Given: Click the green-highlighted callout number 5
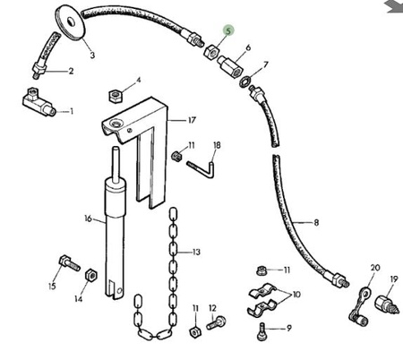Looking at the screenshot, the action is [228, 30].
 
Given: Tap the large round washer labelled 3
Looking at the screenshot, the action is [71, 22].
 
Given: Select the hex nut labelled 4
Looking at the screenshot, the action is [115, 96].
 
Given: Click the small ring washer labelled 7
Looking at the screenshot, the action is [244, 81].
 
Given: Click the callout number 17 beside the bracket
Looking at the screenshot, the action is [192, 120].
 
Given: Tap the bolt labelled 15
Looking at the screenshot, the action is [69, 263].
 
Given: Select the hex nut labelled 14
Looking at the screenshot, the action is [90, 275].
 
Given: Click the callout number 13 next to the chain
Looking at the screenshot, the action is [196, 253].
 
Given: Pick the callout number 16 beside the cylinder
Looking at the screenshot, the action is [88, 219].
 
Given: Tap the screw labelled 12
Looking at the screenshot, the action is [216, 322].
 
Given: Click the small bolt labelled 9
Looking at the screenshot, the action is [262, 331].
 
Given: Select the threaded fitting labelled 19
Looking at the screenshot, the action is [387, 304].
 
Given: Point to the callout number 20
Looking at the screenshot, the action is [375, 268].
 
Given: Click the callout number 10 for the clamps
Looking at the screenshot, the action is [296, 295].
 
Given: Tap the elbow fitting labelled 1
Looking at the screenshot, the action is [39, 102].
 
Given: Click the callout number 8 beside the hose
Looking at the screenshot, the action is [316, 223].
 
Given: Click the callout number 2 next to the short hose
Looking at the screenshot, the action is [71, 71].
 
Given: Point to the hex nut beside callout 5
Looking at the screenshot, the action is [212, 51].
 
